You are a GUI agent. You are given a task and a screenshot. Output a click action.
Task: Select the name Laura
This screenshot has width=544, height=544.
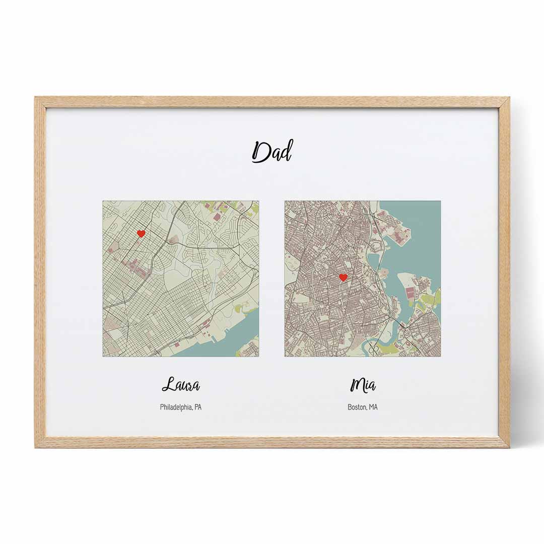(181, 386)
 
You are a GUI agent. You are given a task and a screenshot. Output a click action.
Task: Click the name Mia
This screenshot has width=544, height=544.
(363, 386)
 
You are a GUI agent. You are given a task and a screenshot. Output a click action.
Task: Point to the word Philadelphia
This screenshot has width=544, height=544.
(176, 407)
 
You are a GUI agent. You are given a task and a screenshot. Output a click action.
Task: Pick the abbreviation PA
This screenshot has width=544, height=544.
(197, 407)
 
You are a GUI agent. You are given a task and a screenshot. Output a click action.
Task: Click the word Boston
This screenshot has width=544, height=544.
(357, 407)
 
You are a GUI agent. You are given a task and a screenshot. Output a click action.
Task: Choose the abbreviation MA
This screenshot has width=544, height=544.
(373, 407)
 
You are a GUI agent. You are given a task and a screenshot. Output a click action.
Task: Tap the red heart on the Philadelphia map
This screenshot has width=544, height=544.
(142, 234)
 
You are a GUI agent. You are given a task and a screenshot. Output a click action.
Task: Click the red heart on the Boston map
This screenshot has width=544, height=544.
(343, 278)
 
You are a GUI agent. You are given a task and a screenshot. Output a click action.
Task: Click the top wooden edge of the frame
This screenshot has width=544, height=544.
(272, 102)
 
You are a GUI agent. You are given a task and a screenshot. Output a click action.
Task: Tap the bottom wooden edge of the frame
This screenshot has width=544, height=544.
(272, 442)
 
